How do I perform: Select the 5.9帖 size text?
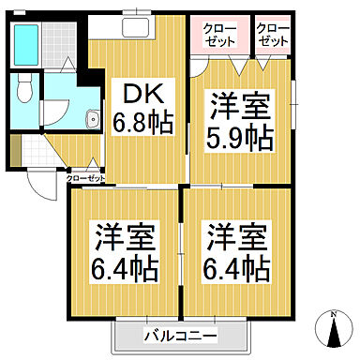(239, 139)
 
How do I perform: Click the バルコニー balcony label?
(181, 336)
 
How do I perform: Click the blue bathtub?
(27, 39)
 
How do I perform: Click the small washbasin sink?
(92, 119)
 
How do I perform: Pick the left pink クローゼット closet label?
(220, 37)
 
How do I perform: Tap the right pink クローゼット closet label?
(272, 37)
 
